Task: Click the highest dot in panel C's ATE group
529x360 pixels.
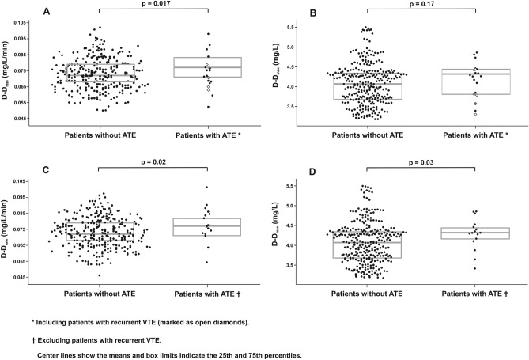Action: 207,188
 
